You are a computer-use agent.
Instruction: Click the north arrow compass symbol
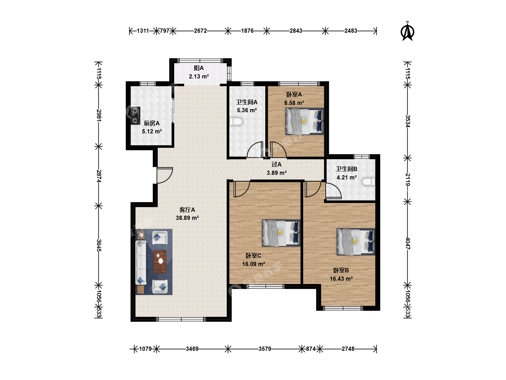click(407, 31)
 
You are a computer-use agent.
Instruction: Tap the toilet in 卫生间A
click(236, 121)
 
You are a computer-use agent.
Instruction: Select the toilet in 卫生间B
click(368, 182)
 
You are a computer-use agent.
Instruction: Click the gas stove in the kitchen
click(135, 115)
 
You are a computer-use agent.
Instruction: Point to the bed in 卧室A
click(305, 121)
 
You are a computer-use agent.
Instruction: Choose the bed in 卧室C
click(281, 233)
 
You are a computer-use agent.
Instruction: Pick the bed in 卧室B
click(356, 242)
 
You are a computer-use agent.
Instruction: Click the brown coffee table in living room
click(160, 262)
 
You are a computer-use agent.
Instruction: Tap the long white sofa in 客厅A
click(141, 262)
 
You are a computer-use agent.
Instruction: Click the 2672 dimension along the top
click(200, 31)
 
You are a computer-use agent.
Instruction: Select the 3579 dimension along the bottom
click(265, 349)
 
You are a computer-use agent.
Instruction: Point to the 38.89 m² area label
click(187, 218)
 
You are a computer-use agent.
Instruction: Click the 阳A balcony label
click(199, 68)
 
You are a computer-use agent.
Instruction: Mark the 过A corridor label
click(277, 164)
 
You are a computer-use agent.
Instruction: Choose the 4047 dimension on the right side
click(408, 243)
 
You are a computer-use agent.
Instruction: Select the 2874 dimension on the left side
click(99, 176)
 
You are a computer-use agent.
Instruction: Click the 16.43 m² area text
click(341, 279)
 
